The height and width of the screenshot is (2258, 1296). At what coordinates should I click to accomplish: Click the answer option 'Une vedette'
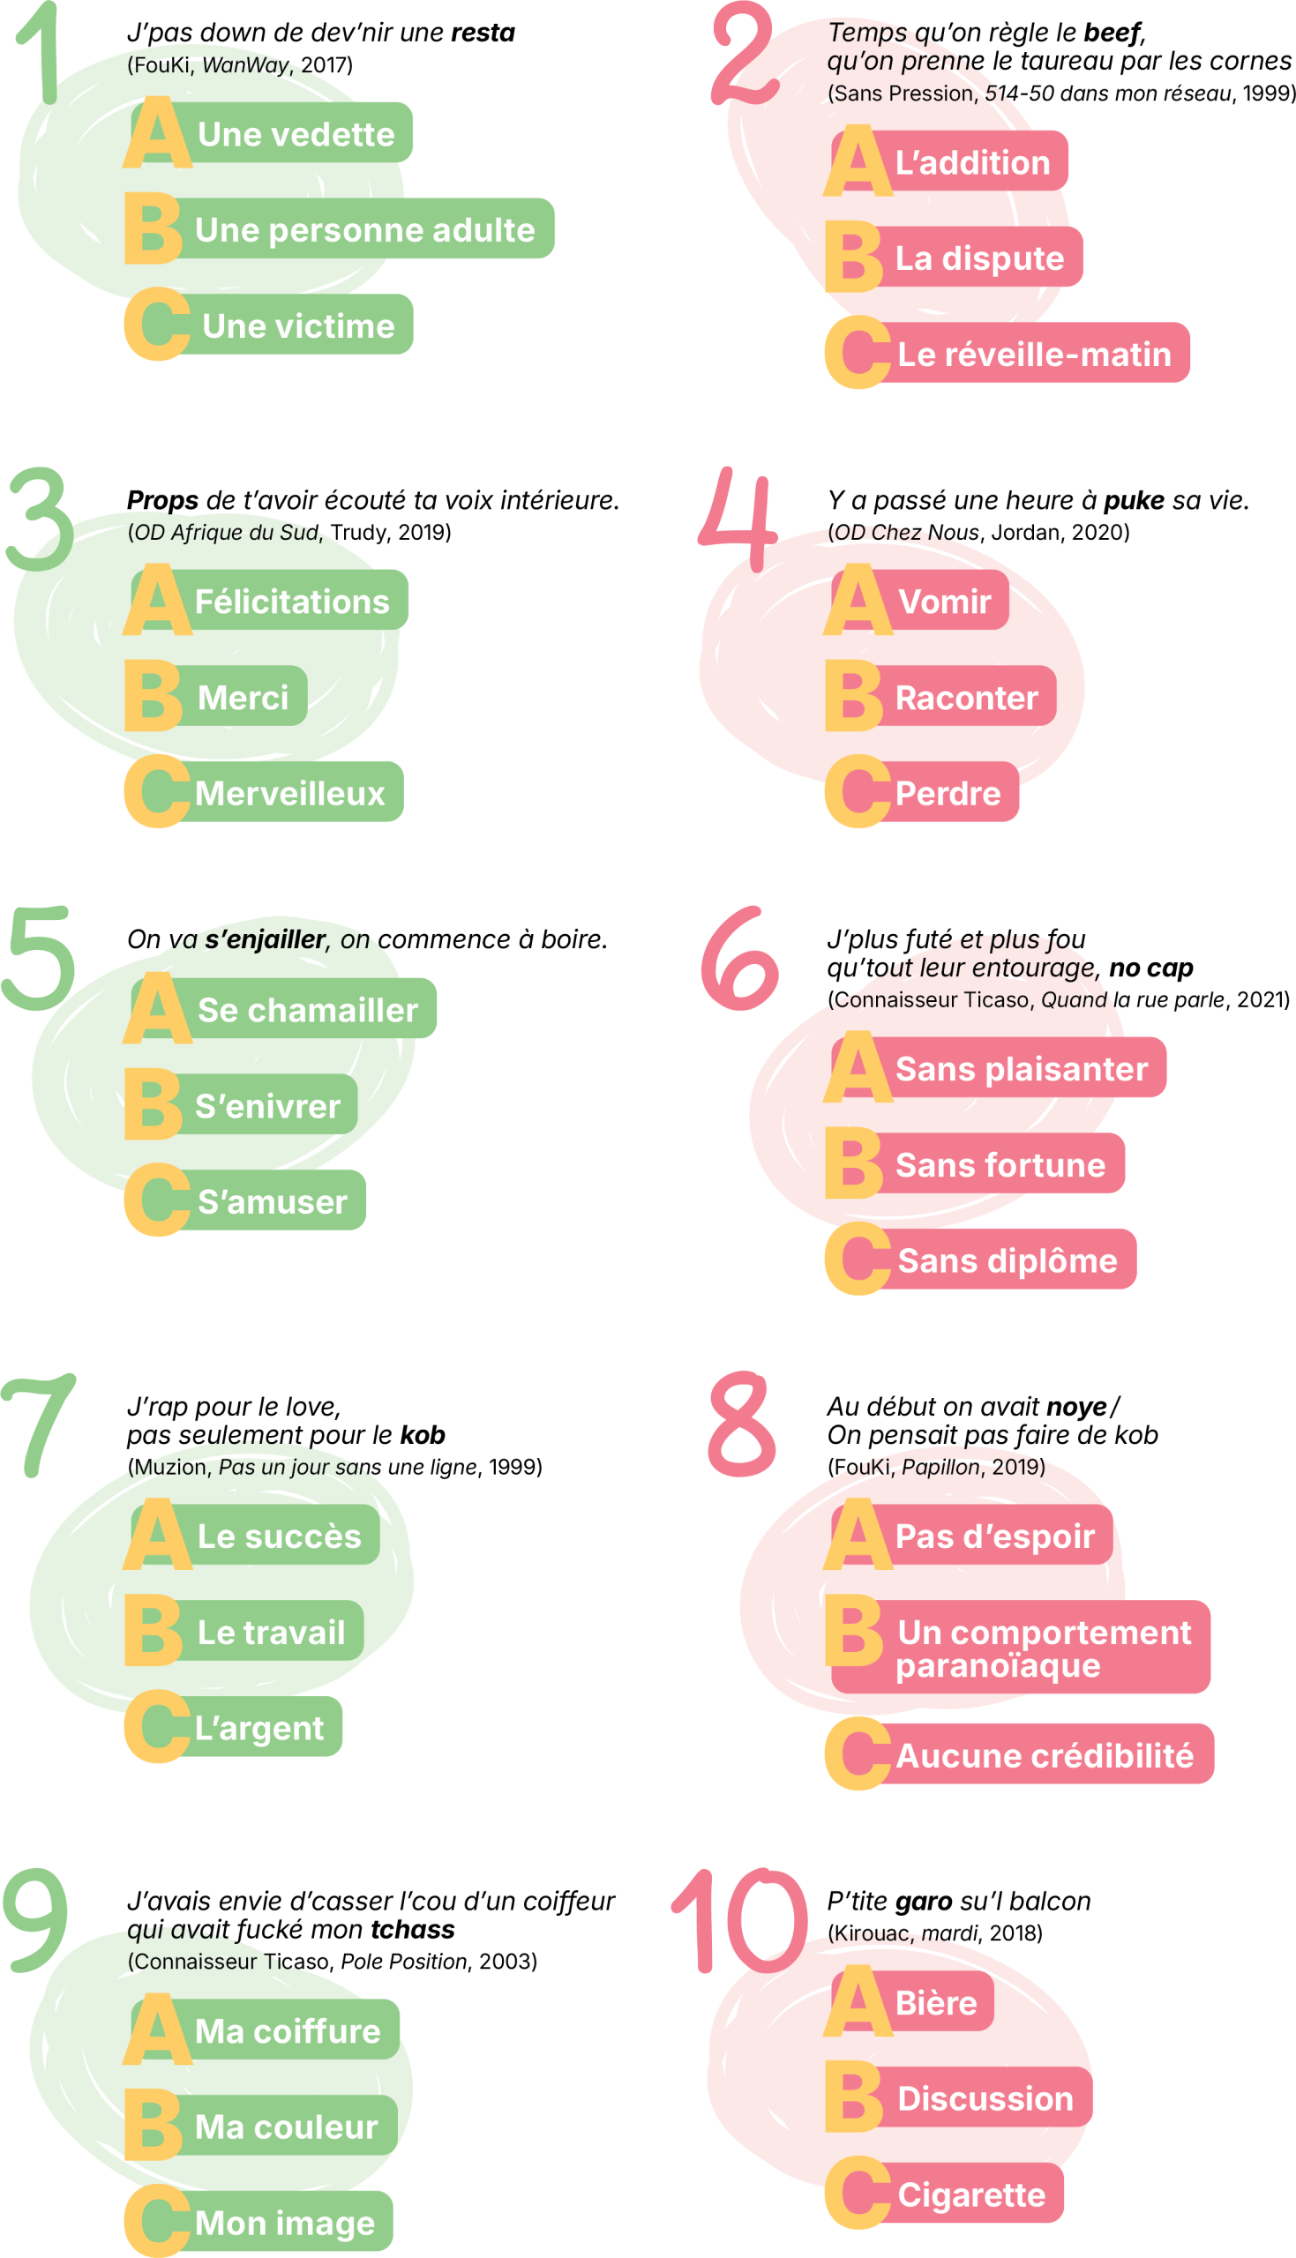point(296,134)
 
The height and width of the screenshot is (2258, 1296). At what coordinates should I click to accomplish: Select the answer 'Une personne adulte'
point(365,229)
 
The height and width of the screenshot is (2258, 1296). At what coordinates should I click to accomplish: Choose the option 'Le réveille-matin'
point(1033,354)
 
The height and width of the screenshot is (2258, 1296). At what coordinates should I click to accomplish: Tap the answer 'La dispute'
point(979,258)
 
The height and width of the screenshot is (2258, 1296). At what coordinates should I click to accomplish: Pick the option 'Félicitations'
point(291,602)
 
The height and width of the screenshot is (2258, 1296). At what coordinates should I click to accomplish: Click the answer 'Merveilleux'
point(289,793)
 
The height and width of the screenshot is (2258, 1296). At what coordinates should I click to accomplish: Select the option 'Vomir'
point(943,602)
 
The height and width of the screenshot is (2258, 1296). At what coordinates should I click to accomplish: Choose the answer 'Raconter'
point(966,698)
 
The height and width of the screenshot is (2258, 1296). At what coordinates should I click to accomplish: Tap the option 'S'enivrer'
point(267,1106)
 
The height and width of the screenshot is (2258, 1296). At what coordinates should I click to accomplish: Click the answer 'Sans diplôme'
point(1007,1260)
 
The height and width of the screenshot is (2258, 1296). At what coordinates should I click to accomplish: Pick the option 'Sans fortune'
point(1000,1164)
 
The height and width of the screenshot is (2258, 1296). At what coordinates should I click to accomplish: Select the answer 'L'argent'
point(259,1728)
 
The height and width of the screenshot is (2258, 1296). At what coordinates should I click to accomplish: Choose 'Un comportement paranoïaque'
point(1042,1648)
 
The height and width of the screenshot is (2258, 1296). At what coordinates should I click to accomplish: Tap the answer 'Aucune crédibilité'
point(1044,1755)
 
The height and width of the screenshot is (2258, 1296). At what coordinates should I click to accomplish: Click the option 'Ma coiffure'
point(288,2031)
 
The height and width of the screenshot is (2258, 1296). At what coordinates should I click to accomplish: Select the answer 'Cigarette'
point(971,2194)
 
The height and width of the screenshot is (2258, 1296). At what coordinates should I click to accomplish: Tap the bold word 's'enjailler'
point(265,939)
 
